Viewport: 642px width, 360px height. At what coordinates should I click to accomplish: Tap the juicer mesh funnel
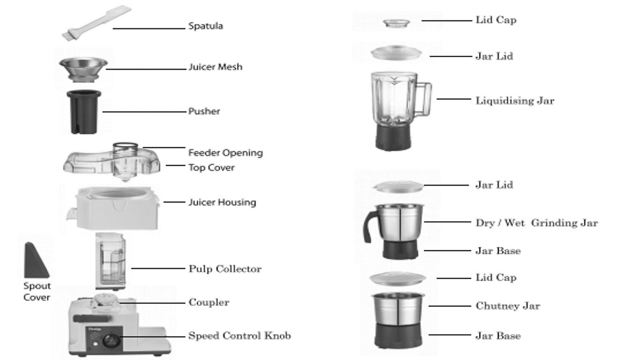82,68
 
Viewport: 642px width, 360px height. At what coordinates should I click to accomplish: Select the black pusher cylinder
84,112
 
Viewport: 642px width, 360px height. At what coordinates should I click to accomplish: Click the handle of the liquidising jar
424,100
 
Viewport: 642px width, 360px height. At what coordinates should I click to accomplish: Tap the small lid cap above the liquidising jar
396,22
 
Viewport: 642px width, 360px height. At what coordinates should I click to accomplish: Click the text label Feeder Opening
225,153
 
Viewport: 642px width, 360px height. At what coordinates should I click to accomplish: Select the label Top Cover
211,167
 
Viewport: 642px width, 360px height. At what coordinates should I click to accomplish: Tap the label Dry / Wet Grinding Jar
537,223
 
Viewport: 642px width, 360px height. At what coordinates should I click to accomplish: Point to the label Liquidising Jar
515,100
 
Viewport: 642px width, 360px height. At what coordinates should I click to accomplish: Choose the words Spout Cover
37,292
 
